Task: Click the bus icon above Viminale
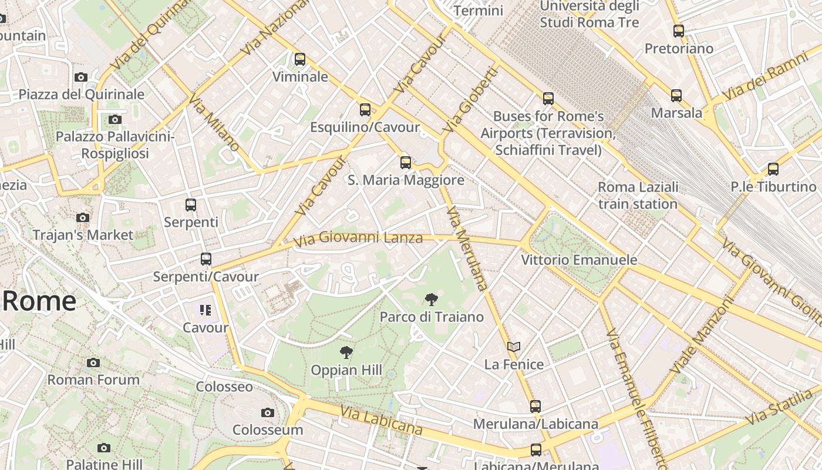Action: [300, 59]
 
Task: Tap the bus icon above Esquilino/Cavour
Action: [365, 110]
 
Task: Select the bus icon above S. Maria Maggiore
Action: [406, 163]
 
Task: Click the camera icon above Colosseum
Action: [268, 413]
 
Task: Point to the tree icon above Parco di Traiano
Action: [432, 300]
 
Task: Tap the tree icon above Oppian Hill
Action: [346, 352]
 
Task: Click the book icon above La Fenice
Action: [514, 347]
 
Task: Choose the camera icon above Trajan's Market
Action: [83, 218]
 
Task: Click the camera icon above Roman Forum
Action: [93, 362]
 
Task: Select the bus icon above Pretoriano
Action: [679, 31]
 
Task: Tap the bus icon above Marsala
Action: [676, 95]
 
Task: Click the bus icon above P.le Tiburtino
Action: [773, 169]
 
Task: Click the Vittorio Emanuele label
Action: [579, 260]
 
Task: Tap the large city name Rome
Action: [39, 301]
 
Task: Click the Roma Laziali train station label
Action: [638, 196]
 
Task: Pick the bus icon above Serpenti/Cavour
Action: [206, 259]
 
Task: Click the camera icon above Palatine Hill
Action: [104, 448]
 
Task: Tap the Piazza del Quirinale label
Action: [82, 95]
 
